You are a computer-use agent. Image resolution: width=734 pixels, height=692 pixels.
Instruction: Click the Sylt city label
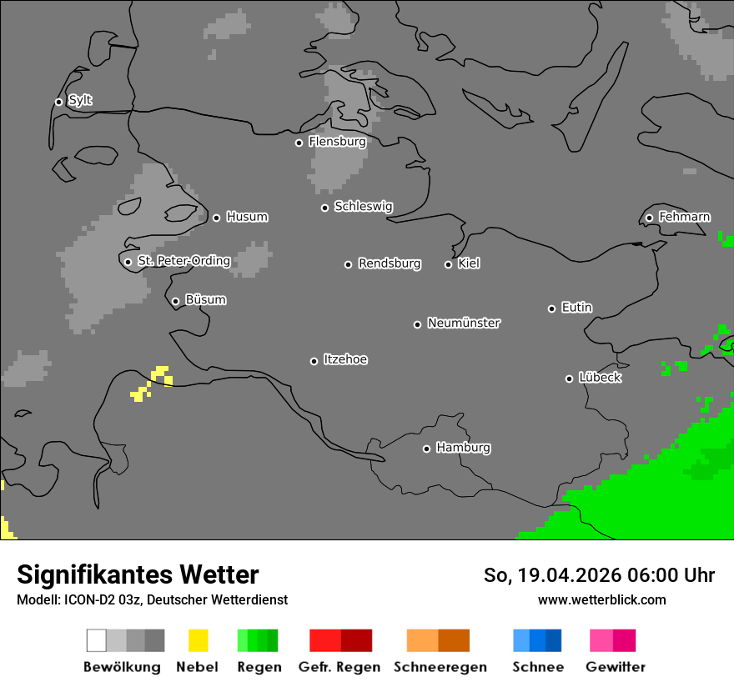(x=80, y=101)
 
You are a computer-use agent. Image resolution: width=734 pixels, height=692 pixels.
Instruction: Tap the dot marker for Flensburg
(x=299, y=143)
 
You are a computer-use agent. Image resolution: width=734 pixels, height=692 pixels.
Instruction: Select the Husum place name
(x=247, y=218)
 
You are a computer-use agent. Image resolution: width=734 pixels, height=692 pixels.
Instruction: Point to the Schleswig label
(x=363, y=207)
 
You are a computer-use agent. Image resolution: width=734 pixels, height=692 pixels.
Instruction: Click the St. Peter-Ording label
(x=183, y=261)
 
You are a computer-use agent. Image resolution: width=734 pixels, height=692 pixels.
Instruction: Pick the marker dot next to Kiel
(x=448, y=264)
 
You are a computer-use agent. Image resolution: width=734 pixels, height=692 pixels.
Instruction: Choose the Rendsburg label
(x=390, y=264)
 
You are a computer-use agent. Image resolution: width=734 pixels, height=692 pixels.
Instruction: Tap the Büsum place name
(x=205, y=300)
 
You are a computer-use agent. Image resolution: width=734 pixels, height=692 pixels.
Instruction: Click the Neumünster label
(x=464, y=323)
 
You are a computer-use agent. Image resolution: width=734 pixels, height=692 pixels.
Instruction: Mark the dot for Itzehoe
(x=314, y=361)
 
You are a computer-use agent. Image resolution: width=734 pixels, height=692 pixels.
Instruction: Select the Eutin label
(x=576, y=308)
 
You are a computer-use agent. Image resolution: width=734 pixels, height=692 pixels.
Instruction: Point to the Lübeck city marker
(x=569, y=379)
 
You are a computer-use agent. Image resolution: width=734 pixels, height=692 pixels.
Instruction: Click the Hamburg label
(x=463, y=448)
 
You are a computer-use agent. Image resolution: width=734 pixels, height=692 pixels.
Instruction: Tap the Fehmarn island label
(x=684, y=218)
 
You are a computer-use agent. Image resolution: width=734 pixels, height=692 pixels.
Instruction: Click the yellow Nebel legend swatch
(x=198, y=640)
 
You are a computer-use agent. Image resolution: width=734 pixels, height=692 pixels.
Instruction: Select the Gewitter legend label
(x=616, y=667)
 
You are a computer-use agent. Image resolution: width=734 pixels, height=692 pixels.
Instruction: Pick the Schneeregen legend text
(x=440, y=667)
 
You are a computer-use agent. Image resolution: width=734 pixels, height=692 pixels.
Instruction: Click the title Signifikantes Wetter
(x=138, y=574)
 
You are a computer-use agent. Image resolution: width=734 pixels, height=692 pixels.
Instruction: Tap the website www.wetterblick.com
(x=601, y=599)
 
